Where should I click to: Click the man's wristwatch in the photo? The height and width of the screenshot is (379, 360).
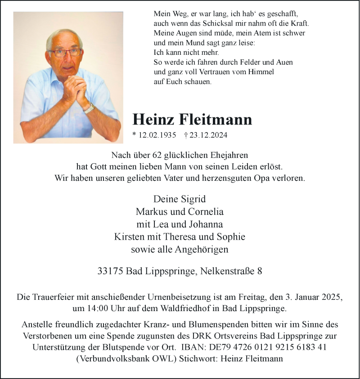(89, 108)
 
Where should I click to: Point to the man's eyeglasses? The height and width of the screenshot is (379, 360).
(66, 53)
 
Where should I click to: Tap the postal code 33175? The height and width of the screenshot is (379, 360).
(110, 271)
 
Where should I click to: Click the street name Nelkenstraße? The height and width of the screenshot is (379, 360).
(228, 271)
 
